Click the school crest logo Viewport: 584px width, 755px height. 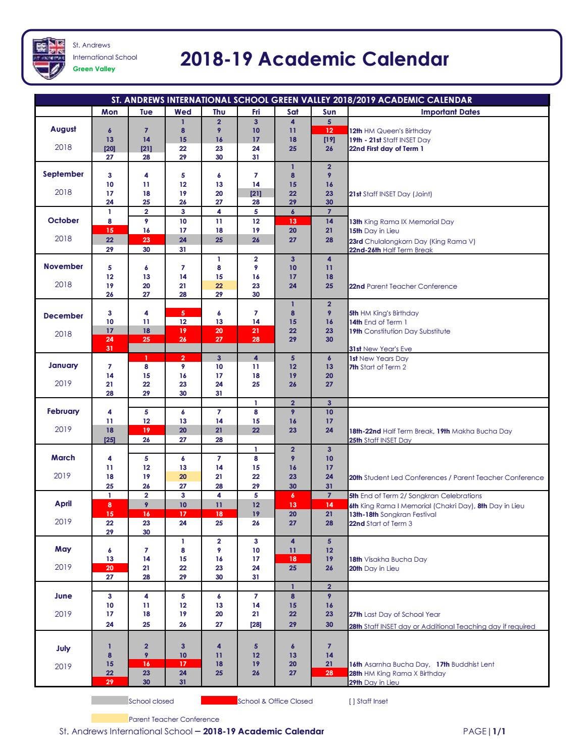pos(49,58)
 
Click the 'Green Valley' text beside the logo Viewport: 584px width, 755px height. pos(94,69)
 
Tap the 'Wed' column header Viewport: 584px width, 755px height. pos(183,112)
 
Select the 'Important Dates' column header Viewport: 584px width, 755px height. pos(450,112)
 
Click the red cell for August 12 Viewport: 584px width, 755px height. pos(329,131)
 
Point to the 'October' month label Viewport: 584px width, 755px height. pos(63,221)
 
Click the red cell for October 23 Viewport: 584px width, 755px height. pos(147,240)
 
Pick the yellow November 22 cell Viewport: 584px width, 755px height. pos(219,286)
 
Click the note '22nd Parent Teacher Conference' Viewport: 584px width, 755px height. pos(403,286)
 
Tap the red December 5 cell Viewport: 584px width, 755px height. pos(183,313)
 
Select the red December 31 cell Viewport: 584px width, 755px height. pos(110,348)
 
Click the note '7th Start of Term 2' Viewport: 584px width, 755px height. pos(378,367)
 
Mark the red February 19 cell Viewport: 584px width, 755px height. pos(147,430)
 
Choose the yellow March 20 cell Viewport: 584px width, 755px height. pos(183,476)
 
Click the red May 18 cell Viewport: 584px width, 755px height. pos(293,559)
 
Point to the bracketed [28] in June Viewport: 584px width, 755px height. pos(256,625)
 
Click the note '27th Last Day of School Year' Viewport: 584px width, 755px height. pos(395,614)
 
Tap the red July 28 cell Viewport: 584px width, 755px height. pos(329,673)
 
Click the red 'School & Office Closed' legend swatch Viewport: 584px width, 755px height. pos(219,700)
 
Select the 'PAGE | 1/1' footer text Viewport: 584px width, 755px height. pos(484,731)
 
